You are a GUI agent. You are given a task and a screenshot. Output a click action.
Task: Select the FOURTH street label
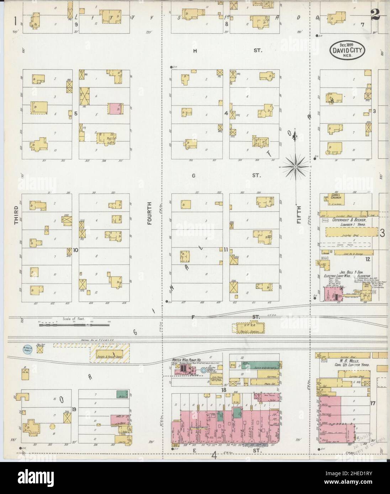(x=149, y=213)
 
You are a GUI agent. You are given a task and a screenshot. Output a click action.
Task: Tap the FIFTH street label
(x=299, y=214)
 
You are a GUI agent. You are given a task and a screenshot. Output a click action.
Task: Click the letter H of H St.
(x=195, y=51)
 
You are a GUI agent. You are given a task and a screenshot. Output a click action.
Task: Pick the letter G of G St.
(x=194, y=175)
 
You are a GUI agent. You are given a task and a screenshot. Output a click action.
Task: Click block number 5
(x=75, y=114)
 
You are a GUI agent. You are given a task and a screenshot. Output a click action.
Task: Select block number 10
(x=75, y=250)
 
